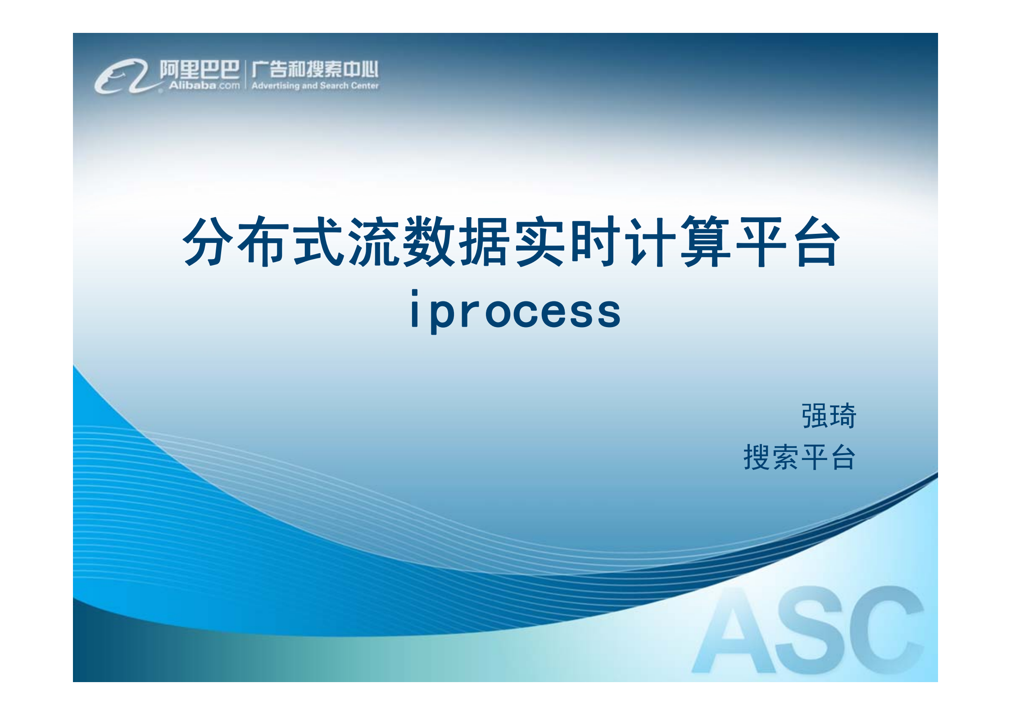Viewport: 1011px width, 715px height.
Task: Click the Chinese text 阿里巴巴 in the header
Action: (199, 69)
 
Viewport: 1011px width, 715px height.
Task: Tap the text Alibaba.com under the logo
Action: (204, 85)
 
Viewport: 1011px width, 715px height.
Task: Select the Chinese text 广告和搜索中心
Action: (315, 69)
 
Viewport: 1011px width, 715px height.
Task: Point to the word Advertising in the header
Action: (275, 86)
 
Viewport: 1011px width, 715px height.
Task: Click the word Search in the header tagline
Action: (334, 86)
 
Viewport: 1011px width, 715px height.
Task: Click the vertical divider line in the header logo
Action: (245, 75)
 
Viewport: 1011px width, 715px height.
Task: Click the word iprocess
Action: (515, 311)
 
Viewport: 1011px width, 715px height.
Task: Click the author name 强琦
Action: (829, 415)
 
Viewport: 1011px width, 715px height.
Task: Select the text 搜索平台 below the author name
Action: (799, 457)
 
